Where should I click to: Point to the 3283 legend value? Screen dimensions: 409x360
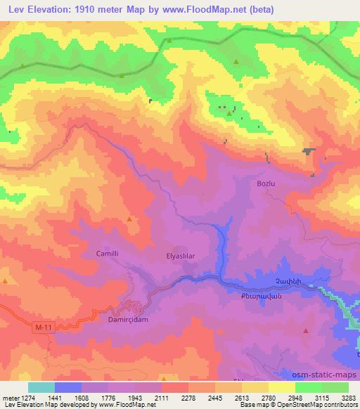[x=347, y=398]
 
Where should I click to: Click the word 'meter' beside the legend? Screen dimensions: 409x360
[x=7, y=398]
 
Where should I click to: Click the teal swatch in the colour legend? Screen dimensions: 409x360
[x=41, y=387]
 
